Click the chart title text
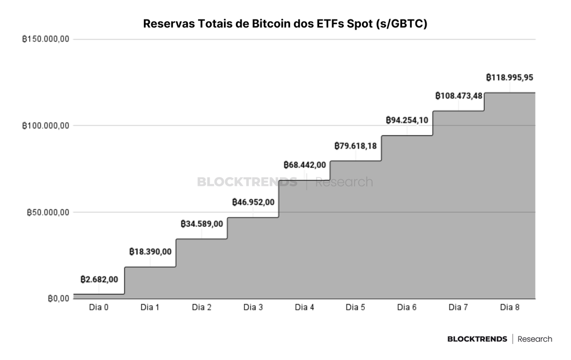[x=285, y=23]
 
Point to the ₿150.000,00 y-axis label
[x=46, y=39]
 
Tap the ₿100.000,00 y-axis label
[x=46, y=126]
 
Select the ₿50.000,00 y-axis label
[x=48, y=213]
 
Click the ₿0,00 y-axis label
[x=58, y=299]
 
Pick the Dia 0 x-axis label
[x=99, y=307]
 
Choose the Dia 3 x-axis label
[x=253, y=307]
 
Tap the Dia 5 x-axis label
[x=355, y=307]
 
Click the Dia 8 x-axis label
[x=510, y=307]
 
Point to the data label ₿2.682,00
[x=99, y=279]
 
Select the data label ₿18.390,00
[x=150, y=252]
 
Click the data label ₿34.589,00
[x=202, y=224]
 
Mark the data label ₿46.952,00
[x=253, y=202]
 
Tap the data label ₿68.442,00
[x=305, y=165]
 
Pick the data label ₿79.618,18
[x=355, y=146]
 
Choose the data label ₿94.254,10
[x=407, y=120]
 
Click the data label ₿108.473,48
[x=459, y=96]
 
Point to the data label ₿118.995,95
[x=510, y=78]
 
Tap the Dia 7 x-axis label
[x=458, y=307]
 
